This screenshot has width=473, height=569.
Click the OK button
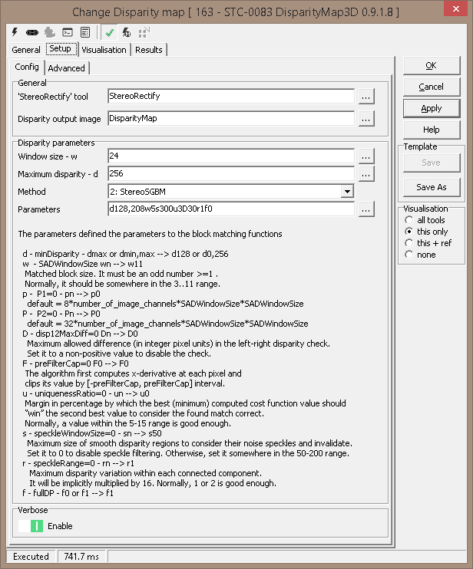431,65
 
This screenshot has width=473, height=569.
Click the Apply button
431,108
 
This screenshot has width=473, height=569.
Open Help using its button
431,130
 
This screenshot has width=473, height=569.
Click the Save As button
431,187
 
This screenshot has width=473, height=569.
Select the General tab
26,50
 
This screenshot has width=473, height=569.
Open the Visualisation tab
104,50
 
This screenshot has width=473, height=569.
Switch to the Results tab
149,50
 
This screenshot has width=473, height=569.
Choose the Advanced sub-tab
67,68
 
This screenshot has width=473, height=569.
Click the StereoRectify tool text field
230,96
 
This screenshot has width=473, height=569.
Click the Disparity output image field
230,118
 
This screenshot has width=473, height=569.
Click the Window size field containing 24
230,156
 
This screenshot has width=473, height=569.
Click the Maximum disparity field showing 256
230,173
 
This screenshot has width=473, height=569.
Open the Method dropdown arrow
347,192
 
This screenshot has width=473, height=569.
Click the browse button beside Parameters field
365,209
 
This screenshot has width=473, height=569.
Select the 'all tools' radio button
409,220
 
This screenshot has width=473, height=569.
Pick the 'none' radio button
409,255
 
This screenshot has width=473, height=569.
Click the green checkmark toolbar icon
110,33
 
